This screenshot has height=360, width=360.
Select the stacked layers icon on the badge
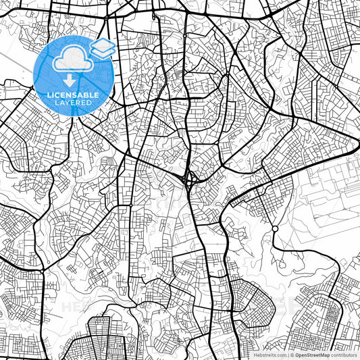click(102, 49)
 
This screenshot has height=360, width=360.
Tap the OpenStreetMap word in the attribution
click(313, 355)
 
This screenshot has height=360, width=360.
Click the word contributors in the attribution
click(344, 355)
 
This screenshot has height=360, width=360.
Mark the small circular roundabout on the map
click(275, 229)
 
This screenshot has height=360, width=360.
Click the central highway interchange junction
click(190, 179)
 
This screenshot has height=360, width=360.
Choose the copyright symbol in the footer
click(292, 355)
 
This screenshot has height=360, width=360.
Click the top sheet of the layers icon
click(102, 45)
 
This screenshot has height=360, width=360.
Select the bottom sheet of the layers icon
click(102, 53)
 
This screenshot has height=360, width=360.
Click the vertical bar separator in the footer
click(288, 355)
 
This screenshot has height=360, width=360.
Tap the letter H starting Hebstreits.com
click(255, 355)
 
